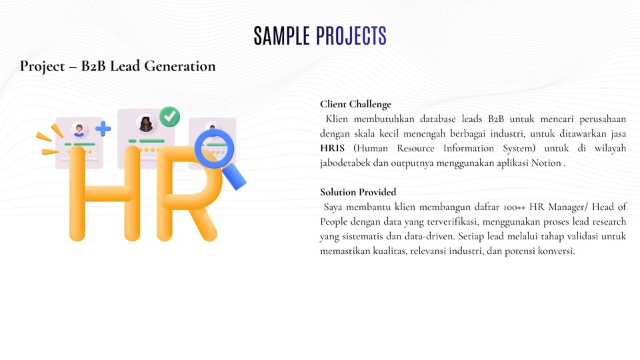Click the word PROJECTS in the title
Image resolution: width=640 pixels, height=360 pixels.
pos(351,36)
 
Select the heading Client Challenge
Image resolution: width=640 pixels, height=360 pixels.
pos(355,104)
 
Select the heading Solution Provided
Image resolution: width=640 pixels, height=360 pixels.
pos(358,192)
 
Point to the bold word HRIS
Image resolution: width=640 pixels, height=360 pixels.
pos(333,148)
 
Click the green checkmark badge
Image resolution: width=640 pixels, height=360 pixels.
pos(170,117)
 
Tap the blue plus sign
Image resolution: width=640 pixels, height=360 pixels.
pos(103,128)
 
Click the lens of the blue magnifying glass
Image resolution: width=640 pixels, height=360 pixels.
pos(213,149)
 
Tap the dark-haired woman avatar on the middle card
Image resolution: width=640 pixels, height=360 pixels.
pos(145,123)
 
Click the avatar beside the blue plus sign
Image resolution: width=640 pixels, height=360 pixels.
pos(79,129)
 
